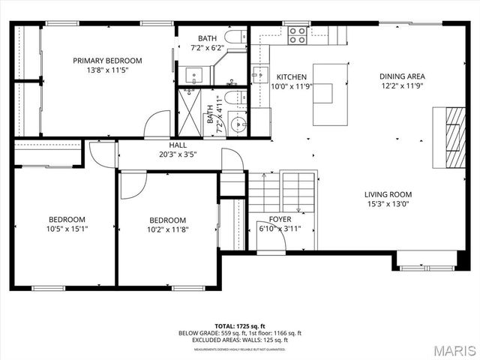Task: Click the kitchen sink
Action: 259,74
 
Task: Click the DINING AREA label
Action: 402,76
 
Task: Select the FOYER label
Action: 280,219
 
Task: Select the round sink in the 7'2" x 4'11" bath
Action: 238,124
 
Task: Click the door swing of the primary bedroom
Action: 158,124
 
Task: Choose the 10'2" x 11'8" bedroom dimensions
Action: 166,230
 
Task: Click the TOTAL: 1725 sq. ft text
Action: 239,326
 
